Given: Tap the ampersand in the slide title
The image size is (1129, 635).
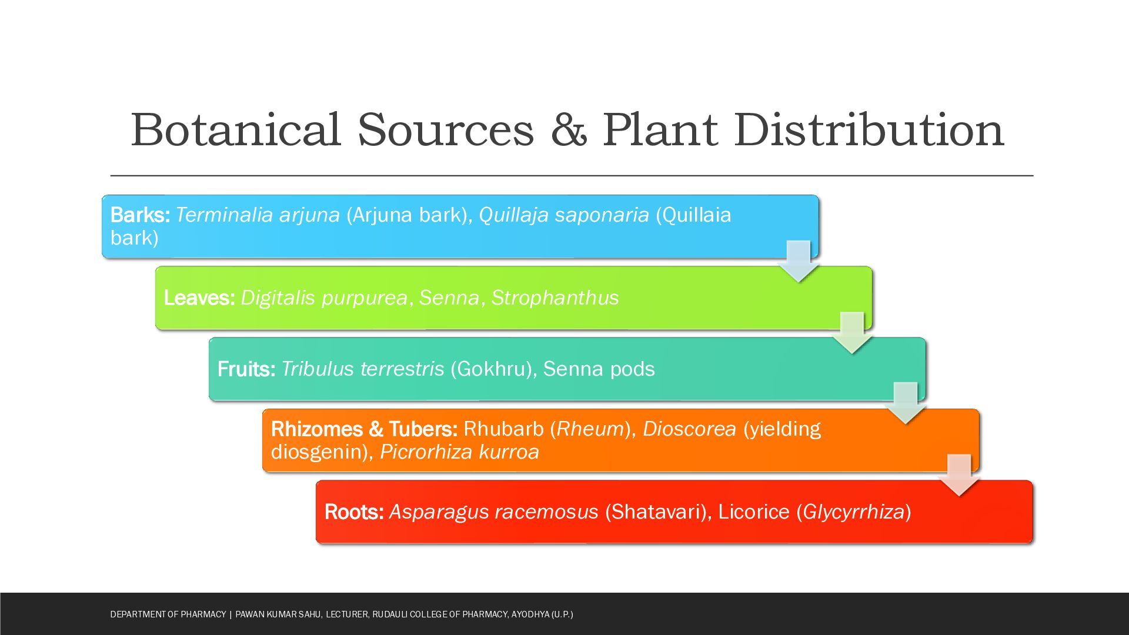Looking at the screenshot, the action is [569, 130].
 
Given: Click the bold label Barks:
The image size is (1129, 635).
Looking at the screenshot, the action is [140, 215].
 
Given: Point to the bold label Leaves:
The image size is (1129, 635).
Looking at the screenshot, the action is [199, 298].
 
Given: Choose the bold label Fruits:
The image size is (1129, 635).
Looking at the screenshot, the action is [246, 369].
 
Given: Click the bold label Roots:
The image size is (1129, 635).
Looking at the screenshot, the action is [354, 512].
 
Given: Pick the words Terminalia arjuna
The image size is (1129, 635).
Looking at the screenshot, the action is [258, 215].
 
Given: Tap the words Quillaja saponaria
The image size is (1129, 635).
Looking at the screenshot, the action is [564, 215].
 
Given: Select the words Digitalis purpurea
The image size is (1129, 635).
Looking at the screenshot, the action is [324, 298].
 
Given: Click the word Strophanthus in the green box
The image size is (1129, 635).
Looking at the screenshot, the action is [555, 298].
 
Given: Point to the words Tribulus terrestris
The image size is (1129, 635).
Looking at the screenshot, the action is [362, 369].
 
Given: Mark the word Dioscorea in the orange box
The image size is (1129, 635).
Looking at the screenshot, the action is [689, 429].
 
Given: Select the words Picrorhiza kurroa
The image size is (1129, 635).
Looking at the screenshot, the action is [459, 452].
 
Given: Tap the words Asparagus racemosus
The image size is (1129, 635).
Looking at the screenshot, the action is [493, 512].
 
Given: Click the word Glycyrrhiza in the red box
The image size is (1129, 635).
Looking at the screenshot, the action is [853, 512].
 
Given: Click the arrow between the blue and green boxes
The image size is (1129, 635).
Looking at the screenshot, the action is [799, 261].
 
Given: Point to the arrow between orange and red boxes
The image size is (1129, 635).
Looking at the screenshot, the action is [959, 475].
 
